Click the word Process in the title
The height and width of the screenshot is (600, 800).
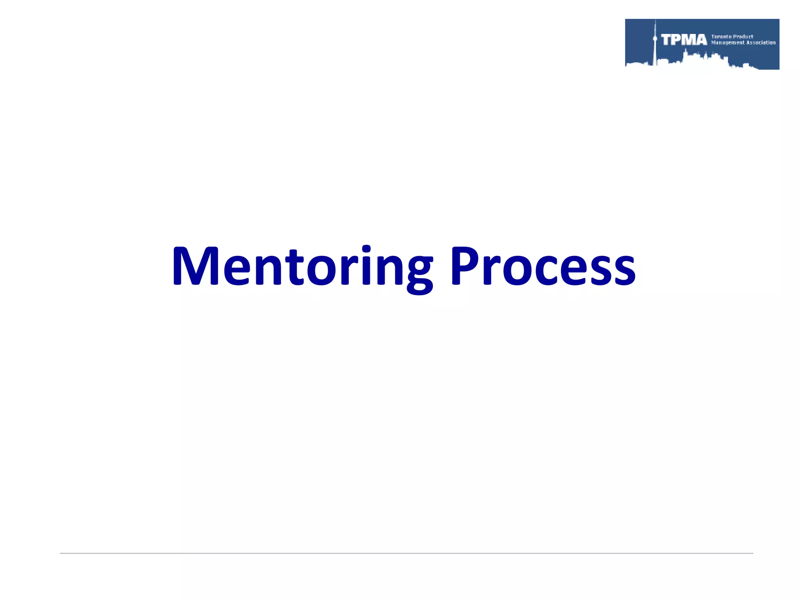tap(543, 266)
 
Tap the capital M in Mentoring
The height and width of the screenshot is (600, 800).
tap(195, 266)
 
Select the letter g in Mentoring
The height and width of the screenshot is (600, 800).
tap(419, 273)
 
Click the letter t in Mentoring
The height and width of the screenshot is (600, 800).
tap(294, 268)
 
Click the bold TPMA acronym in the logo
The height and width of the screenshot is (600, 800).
tap(684, 40)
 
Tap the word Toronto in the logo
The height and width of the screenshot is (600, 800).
tap(721, 37)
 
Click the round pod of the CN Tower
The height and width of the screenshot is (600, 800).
tap(655, 39)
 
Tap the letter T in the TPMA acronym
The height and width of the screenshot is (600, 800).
tap(666, 40)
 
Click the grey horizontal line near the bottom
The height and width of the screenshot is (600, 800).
tap(406, 553)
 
